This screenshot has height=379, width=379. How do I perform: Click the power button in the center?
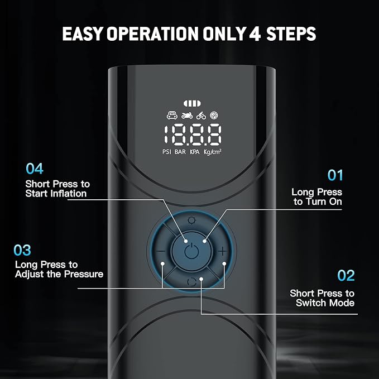(x=191, y=251)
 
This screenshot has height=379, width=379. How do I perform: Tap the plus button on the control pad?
(x=223, y=251)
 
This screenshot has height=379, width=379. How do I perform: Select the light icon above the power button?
(x=191, y=220)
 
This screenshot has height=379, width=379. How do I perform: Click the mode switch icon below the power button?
(x=191, y=282)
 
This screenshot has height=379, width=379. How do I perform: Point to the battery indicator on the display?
(x=192, y=103)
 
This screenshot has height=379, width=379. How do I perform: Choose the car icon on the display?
(x=172, y=116)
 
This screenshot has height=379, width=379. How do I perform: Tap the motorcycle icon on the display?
(x=187, y=116)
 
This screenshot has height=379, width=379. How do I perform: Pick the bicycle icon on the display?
(x=201, y=116)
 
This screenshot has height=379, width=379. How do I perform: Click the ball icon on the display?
(x=214, y=115)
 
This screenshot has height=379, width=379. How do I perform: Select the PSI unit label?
(x=167, y=152)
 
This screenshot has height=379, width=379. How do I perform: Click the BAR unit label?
(x=180, y=152)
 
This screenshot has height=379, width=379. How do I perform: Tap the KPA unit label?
(x=195, y=152)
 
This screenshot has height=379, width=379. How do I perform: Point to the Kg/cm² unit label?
(x=213, y=152)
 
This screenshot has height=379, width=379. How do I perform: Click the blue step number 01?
(x=335, y=175)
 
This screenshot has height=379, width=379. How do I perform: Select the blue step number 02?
(x=346, y=276)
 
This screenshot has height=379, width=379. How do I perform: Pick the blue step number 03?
(x=22, y=250)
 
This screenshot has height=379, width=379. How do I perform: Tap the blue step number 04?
(x=35, y=169)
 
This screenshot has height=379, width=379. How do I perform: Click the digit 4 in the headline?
(x=255, y=33)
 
